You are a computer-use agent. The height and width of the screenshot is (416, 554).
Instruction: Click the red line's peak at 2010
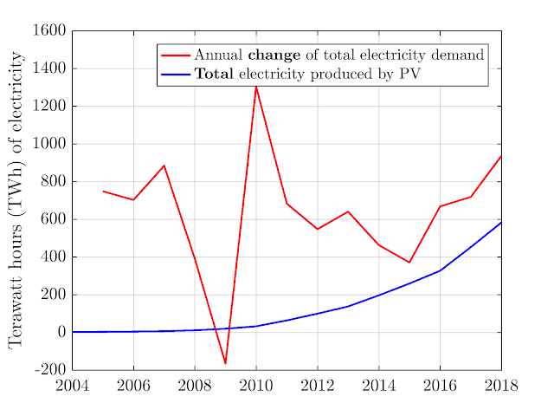(x=255, y=86)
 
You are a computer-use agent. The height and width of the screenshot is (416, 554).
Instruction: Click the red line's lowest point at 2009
(x=225, y=363)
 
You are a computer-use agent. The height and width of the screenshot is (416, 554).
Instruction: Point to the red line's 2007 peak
(x=164, y=166)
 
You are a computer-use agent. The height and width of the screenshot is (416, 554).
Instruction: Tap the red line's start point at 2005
(x=103, y=191)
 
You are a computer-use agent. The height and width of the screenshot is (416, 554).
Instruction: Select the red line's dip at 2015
(x=409, y=263)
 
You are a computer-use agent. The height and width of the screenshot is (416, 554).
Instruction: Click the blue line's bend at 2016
(x=440, y=270)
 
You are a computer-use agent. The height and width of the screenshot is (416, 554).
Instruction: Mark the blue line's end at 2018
(x=500, y=222)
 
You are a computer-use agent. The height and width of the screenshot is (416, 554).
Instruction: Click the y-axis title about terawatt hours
(x=16, y=199)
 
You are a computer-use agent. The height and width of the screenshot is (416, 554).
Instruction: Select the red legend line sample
(x=177, y=55)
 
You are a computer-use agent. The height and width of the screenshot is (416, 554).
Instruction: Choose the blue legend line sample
(x=177, y=75)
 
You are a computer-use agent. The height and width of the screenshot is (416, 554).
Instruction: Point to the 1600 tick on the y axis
(x=49, y=31)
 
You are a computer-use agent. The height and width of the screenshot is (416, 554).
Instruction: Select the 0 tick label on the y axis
(x=61, y=333)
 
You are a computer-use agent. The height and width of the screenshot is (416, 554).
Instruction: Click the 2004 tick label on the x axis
(x=72, y=387)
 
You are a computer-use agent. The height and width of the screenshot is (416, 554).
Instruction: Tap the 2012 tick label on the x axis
(x=317, y=387)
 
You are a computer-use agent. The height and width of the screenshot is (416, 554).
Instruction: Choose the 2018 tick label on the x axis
(x=500, y=387)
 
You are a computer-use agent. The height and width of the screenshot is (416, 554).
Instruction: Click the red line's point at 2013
(x=348, y=211)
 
